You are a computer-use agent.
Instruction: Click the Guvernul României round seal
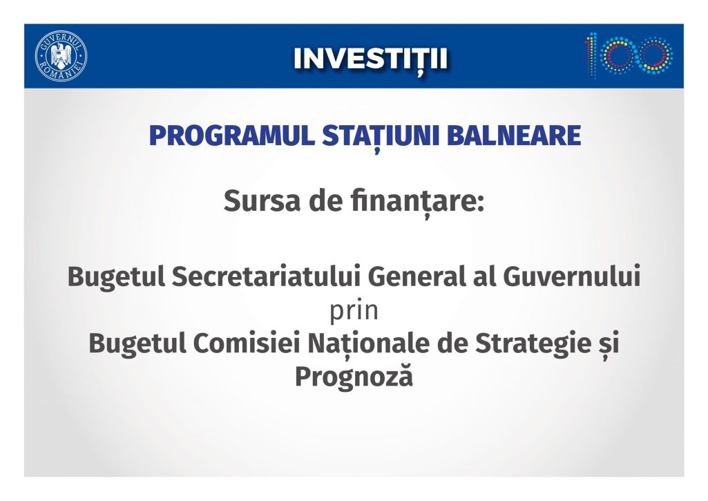[x=61, y=57]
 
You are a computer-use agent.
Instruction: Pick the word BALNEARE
[x=514, y=135]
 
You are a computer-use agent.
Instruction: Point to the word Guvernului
[x=572, y=276]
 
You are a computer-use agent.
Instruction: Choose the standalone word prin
[x=354, y=312]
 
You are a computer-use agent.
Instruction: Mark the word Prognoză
[x=354, y=377]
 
